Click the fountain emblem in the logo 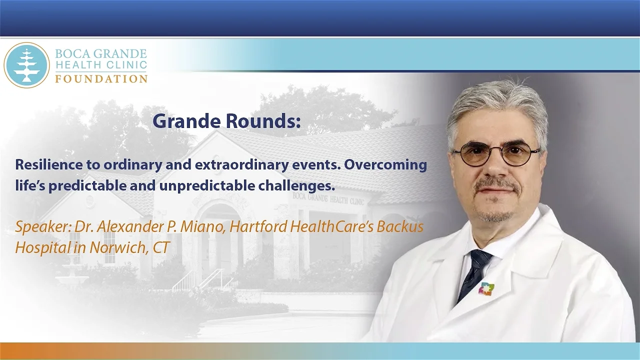[x=26, y=65]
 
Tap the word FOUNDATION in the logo [x=101, y=79]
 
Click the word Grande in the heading [x=180, y=121]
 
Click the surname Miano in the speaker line [x=206, y=226]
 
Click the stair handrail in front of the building [x=183, y=280]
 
